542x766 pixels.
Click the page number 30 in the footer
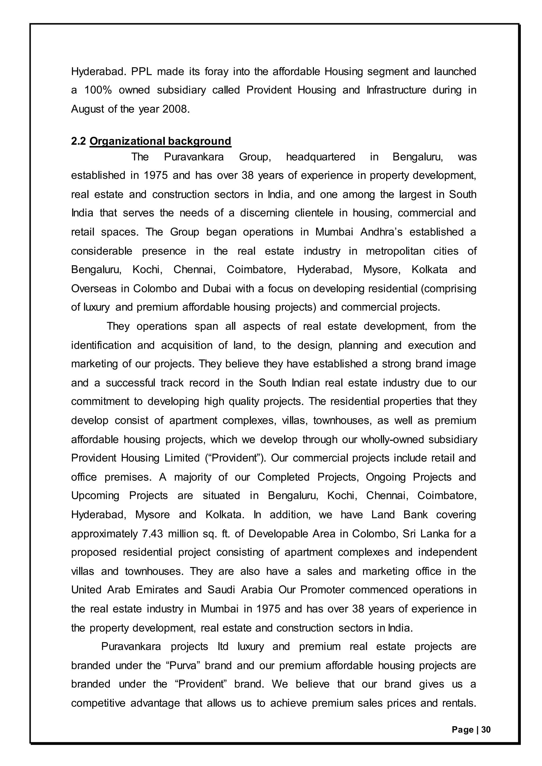point(486,730)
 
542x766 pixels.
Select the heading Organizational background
point(160,141)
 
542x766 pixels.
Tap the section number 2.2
point(78,141)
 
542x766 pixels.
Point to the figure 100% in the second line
point(98,90)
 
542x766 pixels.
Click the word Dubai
point(217,289)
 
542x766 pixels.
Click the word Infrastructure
point(396,90)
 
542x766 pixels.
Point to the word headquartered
point(321,157)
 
